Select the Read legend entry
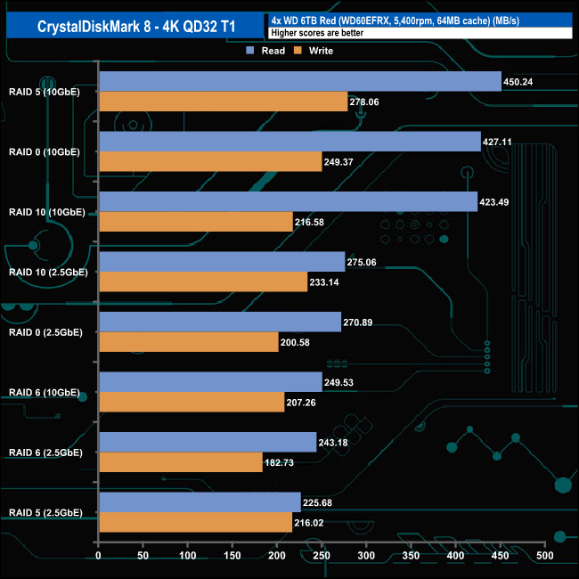tap(266, 51)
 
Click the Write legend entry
tap(314, 51)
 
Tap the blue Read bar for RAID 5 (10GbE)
tap(300, 81)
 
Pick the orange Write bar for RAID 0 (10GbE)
tap(210, 161)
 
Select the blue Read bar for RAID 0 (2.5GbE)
tap(220, 322)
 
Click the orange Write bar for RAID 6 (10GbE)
tap(192, 402)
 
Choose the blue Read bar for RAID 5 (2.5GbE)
tap(200, 502)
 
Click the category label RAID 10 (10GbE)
tap(46, 212)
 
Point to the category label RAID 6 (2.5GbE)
tap(45, 453)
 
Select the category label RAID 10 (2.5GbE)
tap(47, 272)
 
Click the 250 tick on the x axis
tap(322, 556)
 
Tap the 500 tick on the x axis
tap(545, 556)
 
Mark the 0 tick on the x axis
tap(98, 556)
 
